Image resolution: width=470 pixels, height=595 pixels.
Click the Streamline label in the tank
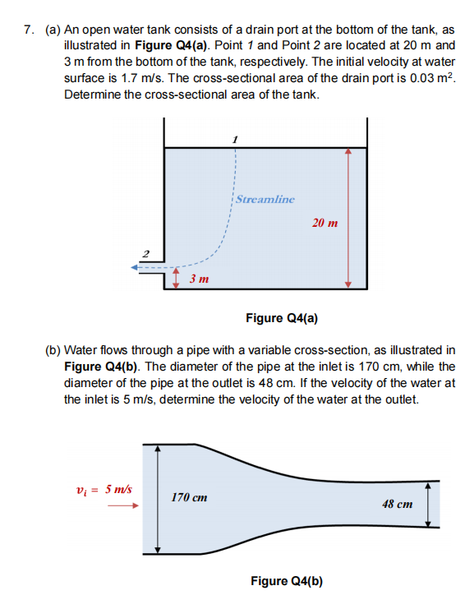coord(265,198)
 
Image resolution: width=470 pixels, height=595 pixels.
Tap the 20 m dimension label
coord(325,223)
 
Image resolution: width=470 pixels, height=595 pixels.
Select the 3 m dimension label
coord(198,279)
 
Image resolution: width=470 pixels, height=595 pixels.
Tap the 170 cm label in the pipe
coord(189,497)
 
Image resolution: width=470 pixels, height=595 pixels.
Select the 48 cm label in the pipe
coord(398,503)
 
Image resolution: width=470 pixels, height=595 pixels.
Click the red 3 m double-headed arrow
coord(177,279)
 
